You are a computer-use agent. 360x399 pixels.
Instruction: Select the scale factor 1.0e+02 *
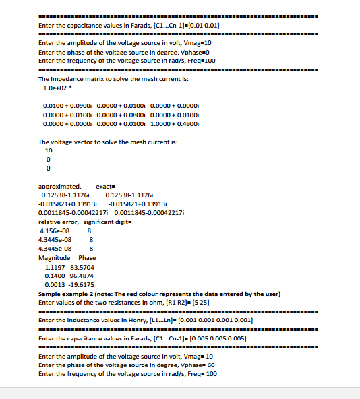point(55,88)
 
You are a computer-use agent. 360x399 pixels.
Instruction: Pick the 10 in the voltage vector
point(48,151)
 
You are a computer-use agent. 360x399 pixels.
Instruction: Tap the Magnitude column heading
point(55,258)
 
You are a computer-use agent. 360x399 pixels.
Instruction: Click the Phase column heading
point(88,258)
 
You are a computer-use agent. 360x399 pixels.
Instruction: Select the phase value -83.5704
point(82,267)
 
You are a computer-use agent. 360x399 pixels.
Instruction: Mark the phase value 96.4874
point(81,276)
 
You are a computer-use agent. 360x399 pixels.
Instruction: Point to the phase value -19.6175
point(82,285)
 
